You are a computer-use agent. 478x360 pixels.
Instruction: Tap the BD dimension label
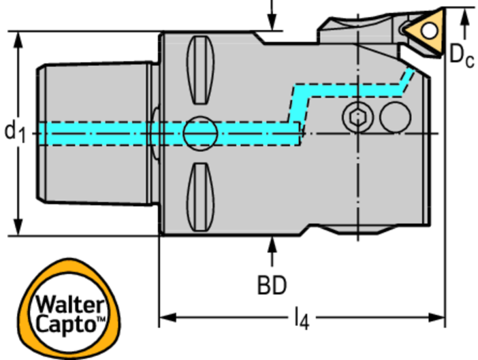coord(272,285)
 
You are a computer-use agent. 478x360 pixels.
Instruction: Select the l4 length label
coord(301,319)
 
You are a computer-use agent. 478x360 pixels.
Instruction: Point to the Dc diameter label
coord(461,55)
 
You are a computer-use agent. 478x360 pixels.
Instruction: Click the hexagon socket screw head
coord(357,117)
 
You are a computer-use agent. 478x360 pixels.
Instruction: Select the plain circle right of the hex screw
coord(396,117)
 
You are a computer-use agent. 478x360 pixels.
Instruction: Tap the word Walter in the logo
coord(66,304)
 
